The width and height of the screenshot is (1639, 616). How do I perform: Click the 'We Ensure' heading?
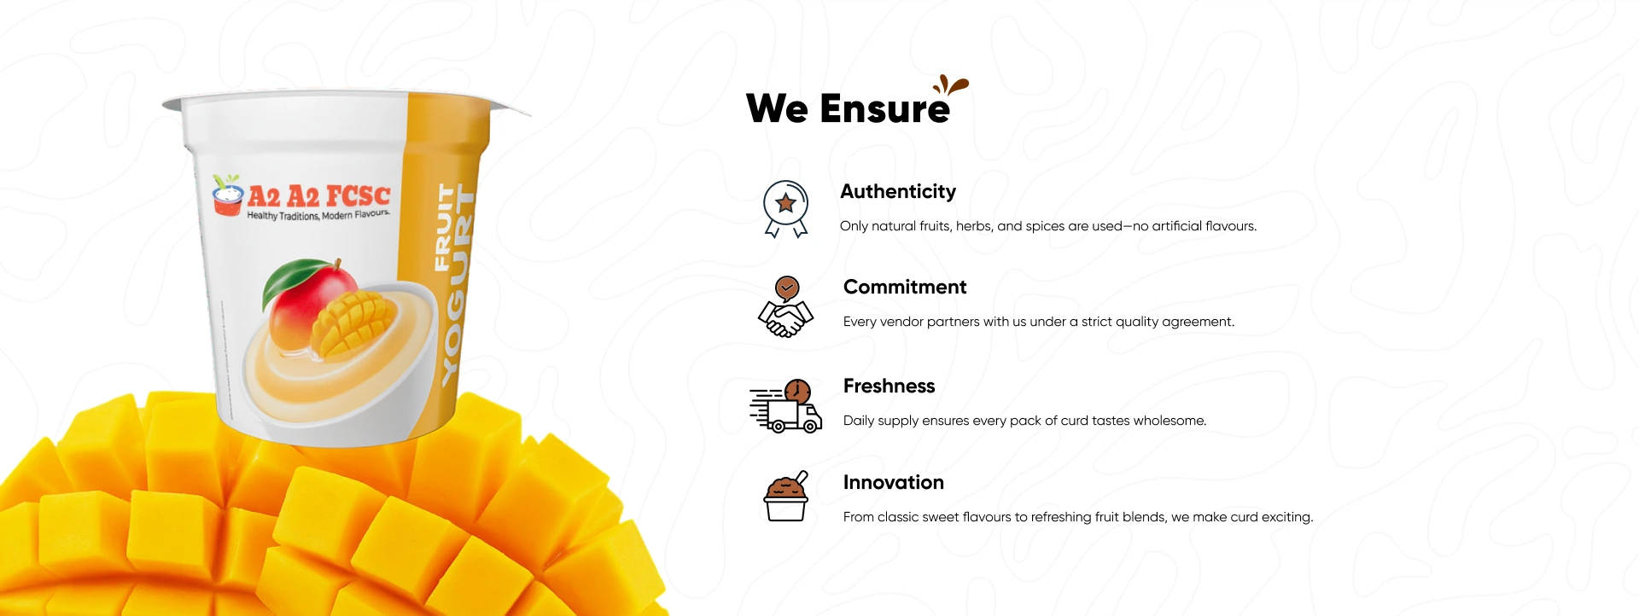[x=848, y=108]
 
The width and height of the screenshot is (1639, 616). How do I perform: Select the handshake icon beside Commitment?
[x=785, y=306]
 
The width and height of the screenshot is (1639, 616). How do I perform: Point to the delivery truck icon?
[x=786, y=406]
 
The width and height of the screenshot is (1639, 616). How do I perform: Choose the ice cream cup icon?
[x=786, y=497]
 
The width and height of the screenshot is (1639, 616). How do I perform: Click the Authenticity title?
[x=898, y=192]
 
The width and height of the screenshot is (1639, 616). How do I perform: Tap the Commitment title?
[x=905, y=287]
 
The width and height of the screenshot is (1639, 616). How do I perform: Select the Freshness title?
[x=889, y=386]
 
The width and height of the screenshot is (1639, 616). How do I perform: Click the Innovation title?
[x=893, y=482]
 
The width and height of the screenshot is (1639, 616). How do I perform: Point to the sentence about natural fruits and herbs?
[x=1048, y=226]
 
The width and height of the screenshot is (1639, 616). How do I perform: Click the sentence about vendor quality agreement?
[x=1039, y=322]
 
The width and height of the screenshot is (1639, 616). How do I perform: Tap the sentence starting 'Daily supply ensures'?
[x=1024, y=421]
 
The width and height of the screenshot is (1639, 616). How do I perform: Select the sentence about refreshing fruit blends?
[x=1078, y=517]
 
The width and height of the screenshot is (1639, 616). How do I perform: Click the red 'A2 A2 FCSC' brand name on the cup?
[x=318, y=196]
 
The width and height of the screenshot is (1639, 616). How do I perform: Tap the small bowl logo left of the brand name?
[x=227, y=195]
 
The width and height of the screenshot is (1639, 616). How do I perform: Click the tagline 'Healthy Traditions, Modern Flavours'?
[x=318, y=215]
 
